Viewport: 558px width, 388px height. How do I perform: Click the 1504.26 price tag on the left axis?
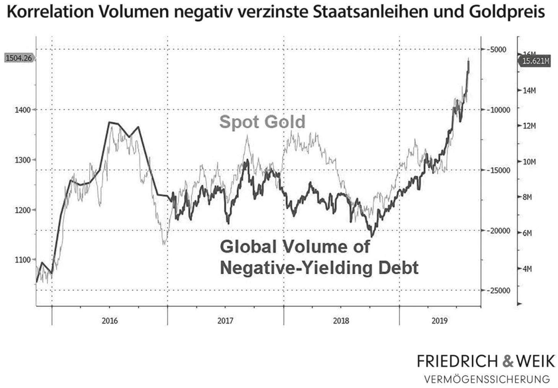[x=18, y=58]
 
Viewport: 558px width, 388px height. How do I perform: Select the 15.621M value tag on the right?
[x=535, y=61]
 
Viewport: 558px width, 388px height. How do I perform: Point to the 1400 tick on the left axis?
[x=23, y=110]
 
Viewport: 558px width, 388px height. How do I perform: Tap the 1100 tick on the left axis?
[x=23, y=260]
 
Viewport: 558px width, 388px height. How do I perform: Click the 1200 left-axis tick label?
[x=23, y=210]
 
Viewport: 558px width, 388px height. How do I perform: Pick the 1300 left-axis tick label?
[x=23, y=160]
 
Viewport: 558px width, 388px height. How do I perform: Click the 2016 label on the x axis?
[x=109, y=321]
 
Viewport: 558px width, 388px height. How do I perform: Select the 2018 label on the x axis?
[x=341, y=321]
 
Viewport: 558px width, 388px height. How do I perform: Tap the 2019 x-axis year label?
[x=439, y=321]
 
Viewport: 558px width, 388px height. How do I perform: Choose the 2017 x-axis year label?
[x=225, y=321]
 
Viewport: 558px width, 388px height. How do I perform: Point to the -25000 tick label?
[x=498, y=290]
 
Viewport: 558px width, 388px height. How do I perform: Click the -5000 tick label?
[x=498, y=49]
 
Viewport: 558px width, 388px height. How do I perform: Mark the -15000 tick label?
[x=498, y=170]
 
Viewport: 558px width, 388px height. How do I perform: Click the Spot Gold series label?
[x=262, y=122]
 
